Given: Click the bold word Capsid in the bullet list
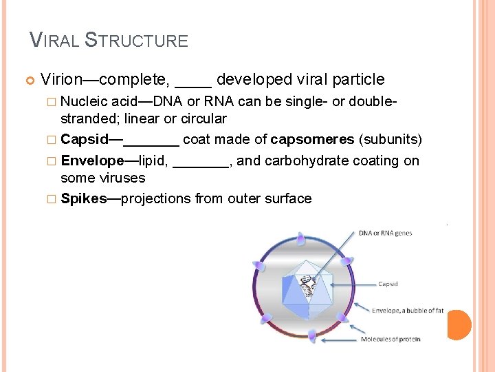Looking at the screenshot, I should tap(84, 140).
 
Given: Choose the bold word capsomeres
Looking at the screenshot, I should tap(313, 140).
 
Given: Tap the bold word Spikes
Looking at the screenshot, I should tap(83, 199).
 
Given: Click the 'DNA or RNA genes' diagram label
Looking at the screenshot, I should tap(385, 233).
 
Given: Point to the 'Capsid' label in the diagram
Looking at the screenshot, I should tap(388, 283).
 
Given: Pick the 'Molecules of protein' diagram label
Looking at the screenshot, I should tap(390, 339).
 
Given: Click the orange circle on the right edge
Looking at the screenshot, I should tap(459, 324).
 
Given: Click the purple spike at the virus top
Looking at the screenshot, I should tap(300, 239).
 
